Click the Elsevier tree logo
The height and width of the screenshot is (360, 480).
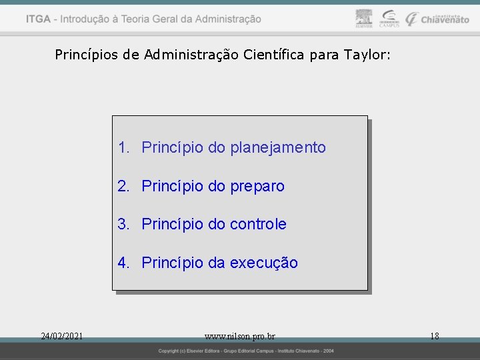pos(363,18)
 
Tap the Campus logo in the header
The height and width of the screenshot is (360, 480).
pos(389,19)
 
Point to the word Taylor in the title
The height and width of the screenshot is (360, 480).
pos(366,54)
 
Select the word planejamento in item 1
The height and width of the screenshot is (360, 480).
pos(278,147)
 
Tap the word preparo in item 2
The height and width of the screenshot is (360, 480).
pos(257,186)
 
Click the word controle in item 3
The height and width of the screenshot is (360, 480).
pos(258,224)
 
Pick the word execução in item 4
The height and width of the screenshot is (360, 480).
pos(264,263)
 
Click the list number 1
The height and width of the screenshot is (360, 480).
pos(123,147)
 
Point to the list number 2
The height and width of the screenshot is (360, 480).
pos(123,186)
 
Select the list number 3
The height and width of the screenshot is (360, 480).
pos(123,224)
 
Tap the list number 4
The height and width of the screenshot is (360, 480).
pos(123,263)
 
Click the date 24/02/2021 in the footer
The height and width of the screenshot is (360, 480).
pos(61,336)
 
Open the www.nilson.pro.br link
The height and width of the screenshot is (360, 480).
pos(240,336)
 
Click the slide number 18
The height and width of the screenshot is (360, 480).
pos(434,336)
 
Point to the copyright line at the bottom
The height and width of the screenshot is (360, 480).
pos(246,351)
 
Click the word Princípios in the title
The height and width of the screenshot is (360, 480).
pos(86,54)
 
